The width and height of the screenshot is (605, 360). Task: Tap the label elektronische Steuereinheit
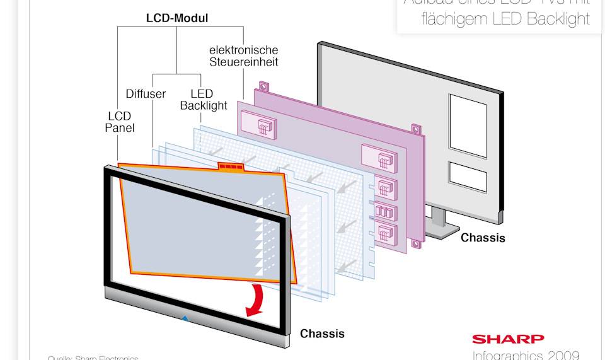click(244, 55)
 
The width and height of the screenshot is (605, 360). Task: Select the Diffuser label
click(146, 94)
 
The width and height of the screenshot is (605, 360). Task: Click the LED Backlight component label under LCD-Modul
click(203, 100)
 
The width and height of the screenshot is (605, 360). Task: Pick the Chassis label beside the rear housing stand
click(483, 238)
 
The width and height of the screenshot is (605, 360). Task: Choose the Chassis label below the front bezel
click(322, 333)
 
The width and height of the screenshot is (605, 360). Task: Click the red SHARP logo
click(508, 339)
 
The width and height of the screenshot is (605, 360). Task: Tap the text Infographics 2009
click(526, 354)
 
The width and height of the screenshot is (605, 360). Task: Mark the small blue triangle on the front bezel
click(185, 318)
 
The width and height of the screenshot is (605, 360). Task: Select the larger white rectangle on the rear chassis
click(467, 125)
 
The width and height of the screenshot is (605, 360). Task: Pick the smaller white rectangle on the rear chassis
click(467, 177)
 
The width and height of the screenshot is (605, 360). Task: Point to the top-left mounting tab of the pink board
click(263, 86)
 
